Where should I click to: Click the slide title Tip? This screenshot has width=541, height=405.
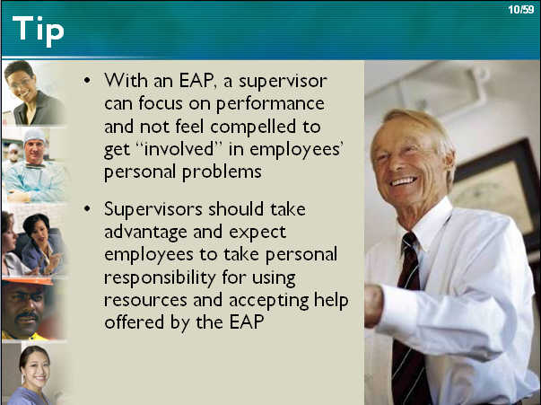(38, 31)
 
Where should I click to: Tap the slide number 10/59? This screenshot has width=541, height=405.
(521, 9)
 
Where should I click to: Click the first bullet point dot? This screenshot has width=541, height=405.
(87, 81)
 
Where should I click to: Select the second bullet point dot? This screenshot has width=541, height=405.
(87, 209)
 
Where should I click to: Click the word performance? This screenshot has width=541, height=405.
(270, 104)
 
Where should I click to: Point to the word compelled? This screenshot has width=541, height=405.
(253, 127)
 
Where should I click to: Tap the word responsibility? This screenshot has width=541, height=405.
(160, 278)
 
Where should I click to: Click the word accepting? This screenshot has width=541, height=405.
(269, 301)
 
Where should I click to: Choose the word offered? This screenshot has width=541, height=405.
(135, 321)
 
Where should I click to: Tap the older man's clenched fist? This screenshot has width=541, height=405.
(373, 304)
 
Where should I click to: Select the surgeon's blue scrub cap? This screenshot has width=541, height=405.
(34, 136)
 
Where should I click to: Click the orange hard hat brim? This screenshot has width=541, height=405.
(28, 282)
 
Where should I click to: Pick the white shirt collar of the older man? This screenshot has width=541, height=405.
(432, 221)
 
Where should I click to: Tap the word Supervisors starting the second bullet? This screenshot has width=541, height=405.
(153, 209)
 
